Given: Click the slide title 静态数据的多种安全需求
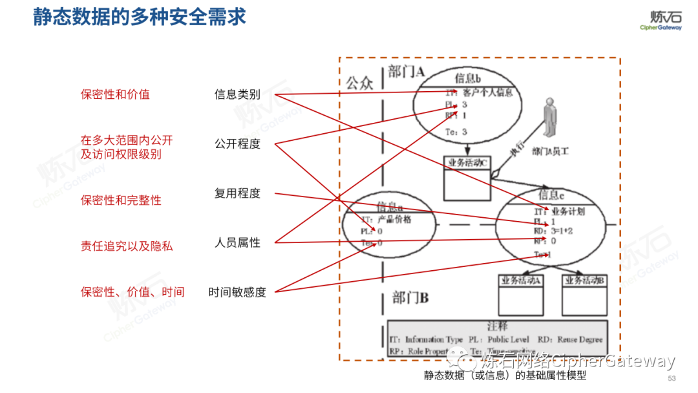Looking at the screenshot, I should pyautogui.click(x=140, y=17).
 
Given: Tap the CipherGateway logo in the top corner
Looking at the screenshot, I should pyautogui.click(x=661, y=20).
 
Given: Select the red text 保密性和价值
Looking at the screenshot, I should pyautogui.click(x=115, y=94).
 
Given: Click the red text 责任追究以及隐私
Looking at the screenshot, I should pyautogui.click(x=127, y=246).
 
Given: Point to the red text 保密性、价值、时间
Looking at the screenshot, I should pyautogui.click(x=132, y=292).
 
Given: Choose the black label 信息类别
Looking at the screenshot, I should pyautogui.click(x=237, y=94).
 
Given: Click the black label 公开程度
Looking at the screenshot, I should pyautogui.click(x=237, y=143).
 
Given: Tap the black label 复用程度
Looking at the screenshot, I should pyautogui.click(x=237, y=193).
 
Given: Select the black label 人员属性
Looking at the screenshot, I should pyautogui.click(x=237, y=242).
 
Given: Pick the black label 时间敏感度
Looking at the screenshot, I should pyautogui.click(x=237, y=292).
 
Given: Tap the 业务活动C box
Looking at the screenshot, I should pyautogui.click(x=467, y=178).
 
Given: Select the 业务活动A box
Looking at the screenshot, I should pyautogui.click(x=521, y=295).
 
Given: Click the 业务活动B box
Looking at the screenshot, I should pyautogui.click(x=584, y=295).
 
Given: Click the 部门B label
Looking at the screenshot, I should pyautogui.click(x=410, y=298).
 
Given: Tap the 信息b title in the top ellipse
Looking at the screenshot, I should pyautogui.click(x=468, y=78).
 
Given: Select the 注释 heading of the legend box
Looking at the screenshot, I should pyautogui.click(x=497, y=326).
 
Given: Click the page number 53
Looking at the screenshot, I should pyautogui.click(x=671, y=378).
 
